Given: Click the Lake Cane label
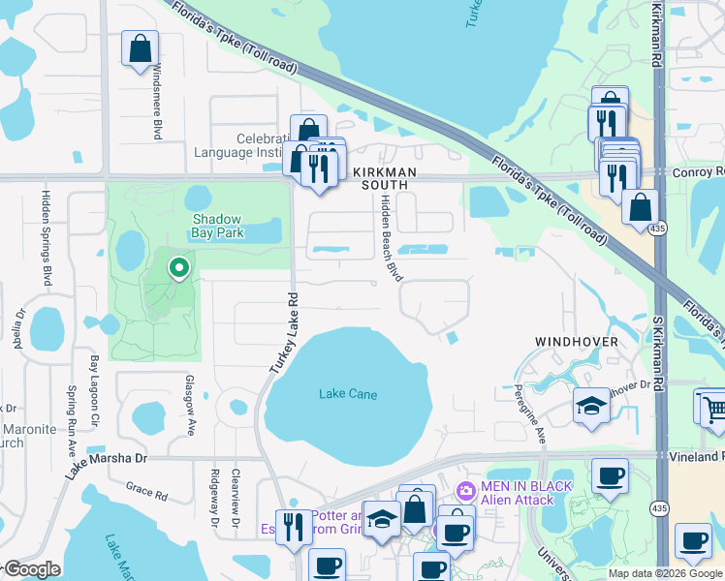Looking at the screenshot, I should (x=347, y=394).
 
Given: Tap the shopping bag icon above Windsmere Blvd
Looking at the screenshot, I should (x=140, y=47).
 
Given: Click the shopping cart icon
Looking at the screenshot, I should (x=711, y=408).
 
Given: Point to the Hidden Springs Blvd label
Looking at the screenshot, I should (x=46, y=237).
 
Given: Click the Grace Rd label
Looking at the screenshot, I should (x=146, y=492).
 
